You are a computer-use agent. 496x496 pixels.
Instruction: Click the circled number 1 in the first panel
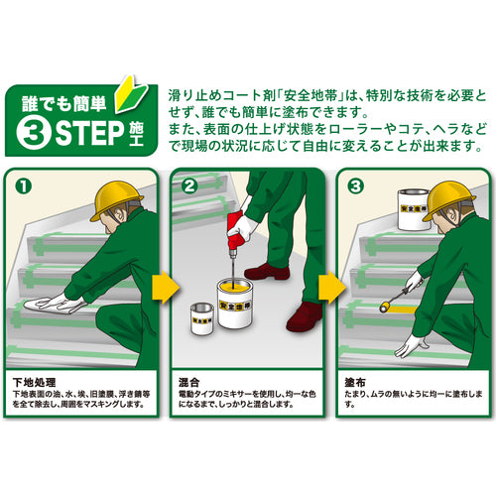point(24,186)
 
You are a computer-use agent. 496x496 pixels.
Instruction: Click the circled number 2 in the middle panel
point(189,186)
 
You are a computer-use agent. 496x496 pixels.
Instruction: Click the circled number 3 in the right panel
point(356,186)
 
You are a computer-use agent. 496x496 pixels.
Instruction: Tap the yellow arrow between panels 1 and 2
point(165,288)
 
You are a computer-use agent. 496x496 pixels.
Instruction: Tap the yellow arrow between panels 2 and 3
point(331,288)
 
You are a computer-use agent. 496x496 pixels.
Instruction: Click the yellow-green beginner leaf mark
point(130,95)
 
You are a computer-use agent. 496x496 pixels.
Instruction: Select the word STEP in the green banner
point(90,133)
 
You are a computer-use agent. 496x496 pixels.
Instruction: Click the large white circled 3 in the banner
point(34,133)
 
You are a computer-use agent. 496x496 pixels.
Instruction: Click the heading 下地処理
point(35,383)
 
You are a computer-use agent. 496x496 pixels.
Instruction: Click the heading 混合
point(189,383)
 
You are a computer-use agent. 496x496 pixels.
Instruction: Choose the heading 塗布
point(355,383)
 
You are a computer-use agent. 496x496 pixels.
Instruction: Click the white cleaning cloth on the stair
point(50,305)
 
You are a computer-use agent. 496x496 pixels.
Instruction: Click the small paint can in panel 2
point(202,318)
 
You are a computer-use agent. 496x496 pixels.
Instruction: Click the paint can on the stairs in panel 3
point(414,209)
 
